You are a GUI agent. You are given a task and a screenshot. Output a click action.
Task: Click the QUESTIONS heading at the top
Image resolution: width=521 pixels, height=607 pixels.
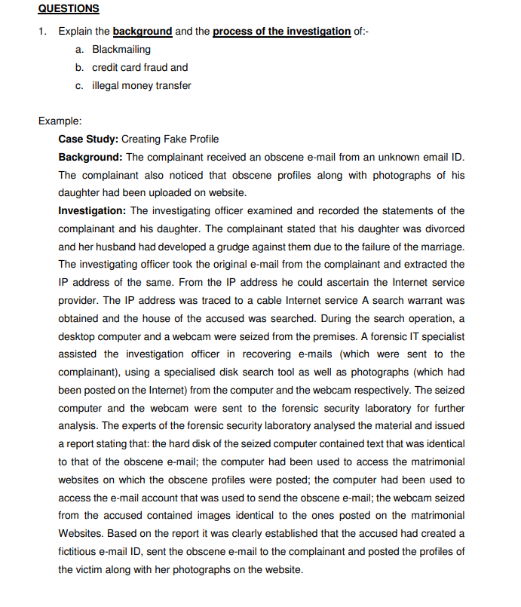[69, 9]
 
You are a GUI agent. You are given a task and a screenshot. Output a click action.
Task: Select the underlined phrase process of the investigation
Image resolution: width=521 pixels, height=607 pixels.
[282, 31]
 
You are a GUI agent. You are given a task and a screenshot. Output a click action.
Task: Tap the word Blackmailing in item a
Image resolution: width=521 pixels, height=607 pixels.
[121, 49]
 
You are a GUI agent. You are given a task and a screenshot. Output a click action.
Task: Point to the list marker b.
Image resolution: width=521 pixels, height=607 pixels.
[80, 67]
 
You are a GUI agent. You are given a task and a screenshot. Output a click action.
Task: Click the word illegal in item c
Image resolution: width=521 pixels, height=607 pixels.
[106, 85]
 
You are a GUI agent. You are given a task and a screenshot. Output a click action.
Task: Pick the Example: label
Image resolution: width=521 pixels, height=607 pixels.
[60, 121]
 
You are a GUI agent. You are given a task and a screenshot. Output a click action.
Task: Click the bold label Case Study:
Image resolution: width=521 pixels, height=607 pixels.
[88, 139]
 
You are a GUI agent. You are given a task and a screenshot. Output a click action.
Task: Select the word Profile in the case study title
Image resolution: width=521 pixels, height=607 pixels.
[204, 139]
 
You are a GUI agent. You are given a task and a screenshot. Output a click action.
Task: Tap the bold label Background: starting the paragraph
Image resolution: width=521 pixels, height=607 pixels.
[90, 157]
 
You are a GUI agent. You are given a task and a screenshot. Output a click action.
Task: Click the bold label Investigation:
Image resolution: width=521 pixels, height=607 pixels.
[93, 210]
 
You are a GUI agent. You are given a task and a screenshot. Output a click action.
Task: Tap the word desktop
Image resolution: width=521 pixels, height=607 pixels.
[77, 336]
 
